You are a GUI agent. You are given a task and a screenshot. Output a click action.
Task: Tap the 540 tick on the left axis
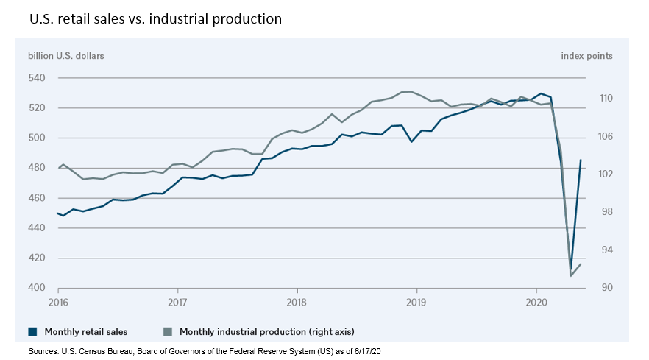[x=36, y=78]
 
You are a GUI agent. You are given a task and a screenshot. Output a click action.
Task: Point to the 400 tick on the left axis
[x=36, y=288]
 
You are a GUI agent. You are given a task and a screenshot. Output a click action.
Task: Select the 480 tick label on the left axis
[x=36, y=168]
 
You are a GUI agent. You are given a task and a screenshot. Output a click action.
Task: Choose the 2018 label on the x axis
[x=297, y=302]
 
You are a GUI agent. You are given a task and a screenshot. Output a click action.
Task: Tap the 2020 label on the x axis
[x=536, y=302]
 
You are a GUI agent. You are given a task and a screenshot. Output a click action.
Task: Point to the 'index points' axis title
[x=586, y=56]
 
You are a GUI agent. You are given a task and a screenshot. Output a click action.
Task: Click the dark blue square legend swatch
[x=33, y=331]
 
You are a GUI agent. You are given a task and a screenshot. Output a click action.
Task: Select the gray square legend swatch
[x=169, y=331]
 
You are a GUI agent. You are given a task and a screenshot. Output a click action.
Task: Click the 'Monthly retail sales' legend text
[x=82, y=331]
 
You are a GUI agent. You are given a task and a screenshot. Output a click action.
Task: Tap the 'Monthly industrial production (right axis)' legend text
[x=271, y=331]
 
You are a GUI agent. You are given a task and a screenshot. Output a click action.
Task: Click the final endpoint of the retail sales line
[x=581, y=160]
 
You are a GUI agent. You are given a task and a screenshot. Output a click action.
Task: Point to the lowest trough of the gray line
[x=571, y=275]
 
